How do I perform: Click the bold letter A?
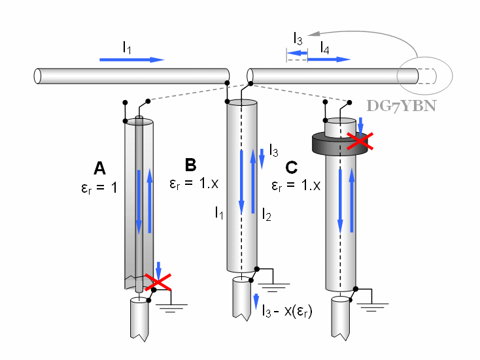click(x=99, y=169)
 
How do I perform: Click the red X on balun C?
click(x=360, y=140)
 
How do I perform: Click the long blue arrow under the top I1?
click(x=131, y=59)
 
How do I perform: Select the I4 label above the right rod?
click(x=324, y=48)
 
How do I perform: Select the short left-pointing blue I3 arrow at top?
click(x=298, y=59)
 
